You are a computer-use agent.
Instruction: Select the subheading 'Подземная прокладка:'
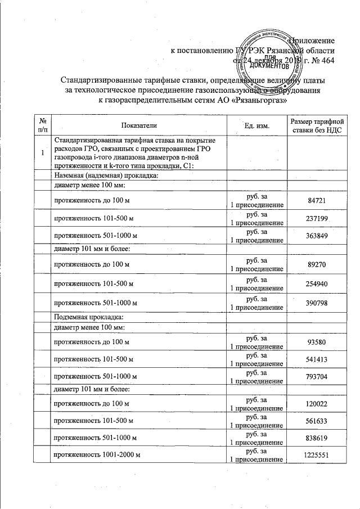(x=84, y=317)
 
